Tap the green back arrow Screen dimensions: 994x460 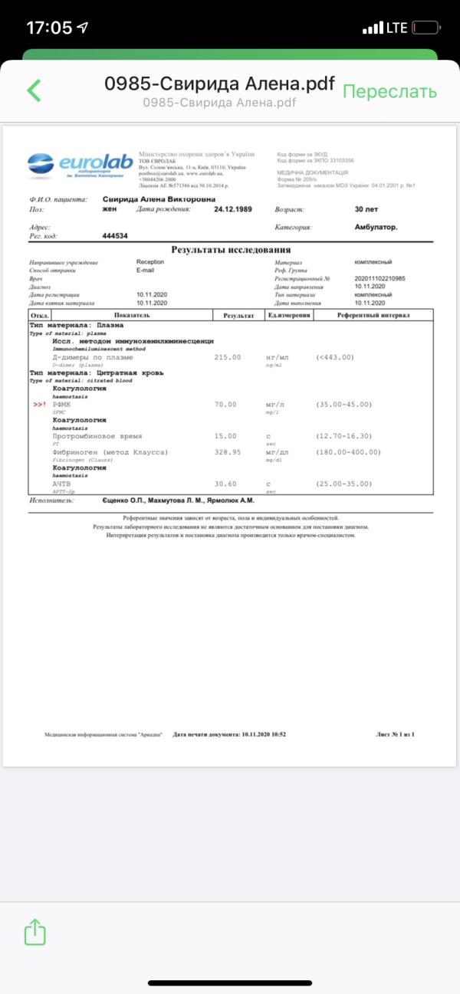34,90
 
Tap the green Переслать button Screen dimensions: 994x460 389,91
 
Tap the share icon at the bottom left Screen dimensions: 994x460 35,932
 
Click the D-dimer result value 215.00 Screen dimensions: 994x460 228,357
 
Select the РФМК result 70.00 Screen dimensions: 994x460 225,404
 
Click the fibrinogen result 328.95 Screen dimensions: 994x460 228,452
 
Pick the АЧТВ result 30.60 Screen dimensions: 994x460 225,484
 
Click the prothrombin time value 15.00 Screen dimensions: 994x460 225,436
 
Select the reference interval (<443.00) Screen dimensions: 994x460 334,357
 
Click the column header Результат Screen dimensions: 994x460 238,315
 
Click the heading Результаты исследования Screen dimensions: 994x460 230,250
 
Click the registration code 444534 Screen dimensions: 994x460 115,236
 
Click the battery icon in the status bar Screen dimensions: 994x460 426,28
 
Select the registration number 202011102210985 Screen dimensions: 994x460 380,279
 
